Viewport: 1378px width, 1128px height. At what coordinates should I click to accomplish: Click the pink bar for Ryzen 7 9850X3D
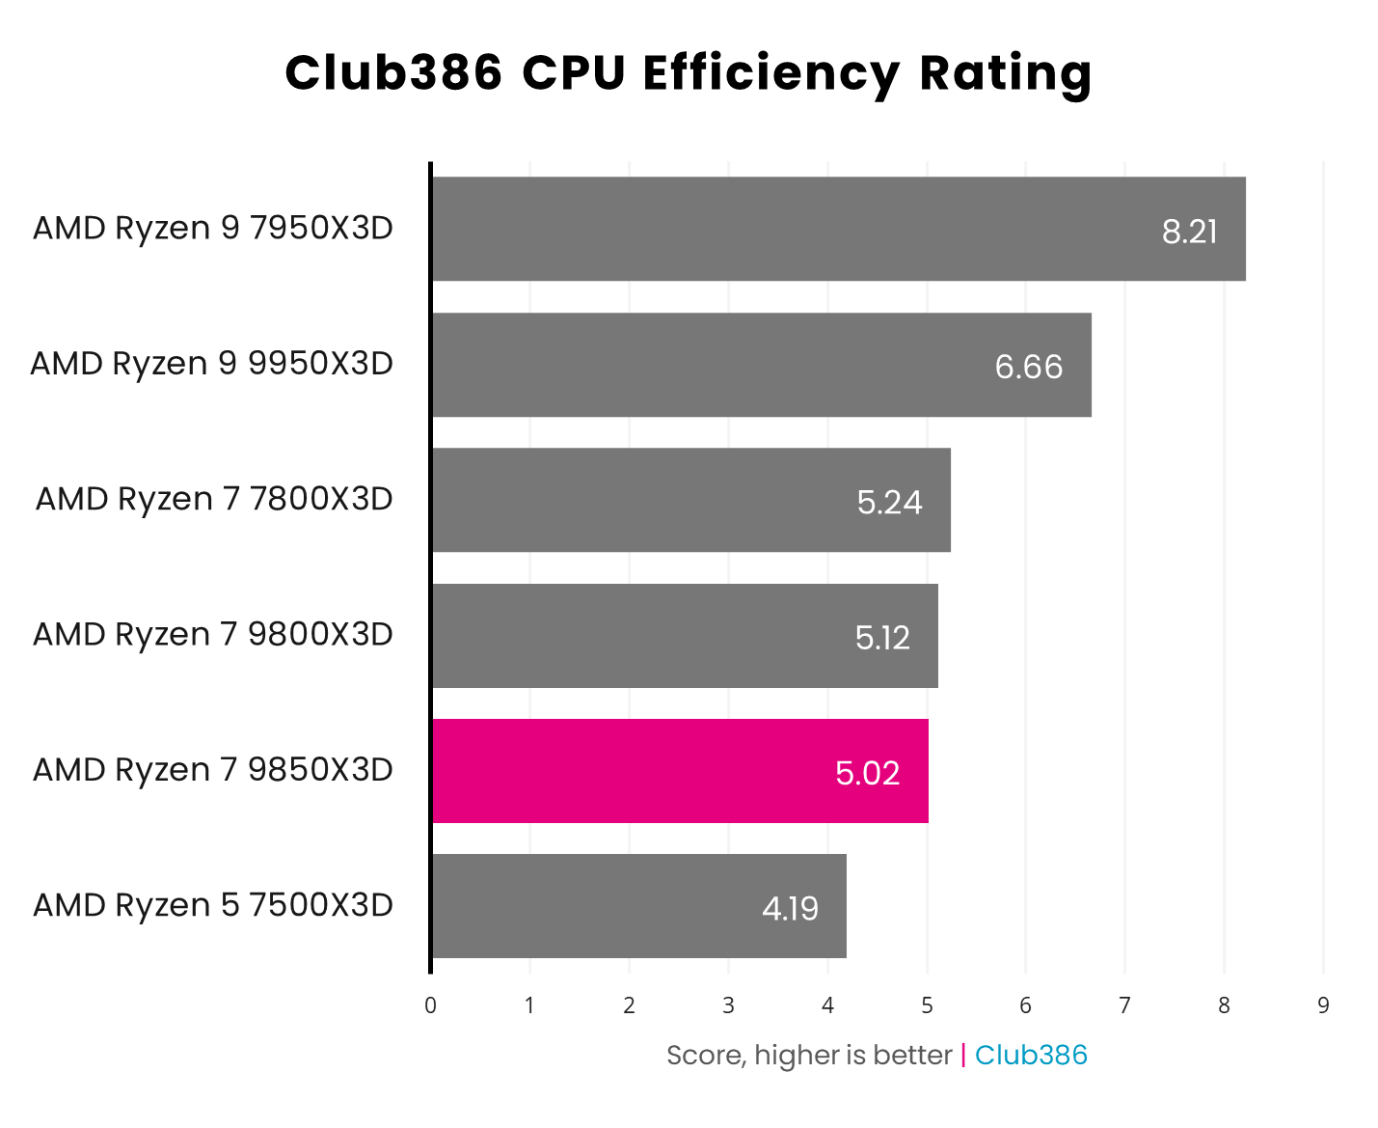680,771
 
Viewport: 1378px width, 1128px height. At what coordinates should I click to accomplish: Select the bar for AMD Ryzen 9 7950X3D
838,229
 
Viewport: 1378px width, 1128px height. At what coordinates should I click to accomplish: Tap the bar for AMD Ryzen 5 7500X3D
638,906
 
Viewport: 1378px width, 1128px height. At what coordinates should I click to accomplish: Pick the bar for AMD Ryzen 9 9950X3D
761,365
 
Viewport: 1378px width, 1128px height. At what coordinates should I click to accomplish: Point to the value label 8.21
1189,232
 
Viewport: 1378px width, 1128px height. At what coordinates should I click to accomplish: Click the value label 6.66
1028,367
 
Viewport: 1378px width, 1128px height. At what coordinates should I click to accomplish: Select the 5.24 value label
889,502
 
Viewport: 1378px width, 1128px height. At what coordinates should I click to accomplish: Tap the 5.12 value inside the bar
882,638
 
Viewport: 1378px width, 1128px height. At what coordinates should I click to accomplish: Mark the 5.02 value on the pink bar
867,773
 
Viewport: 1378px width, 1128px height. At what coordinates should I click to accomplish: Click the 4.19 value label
790,908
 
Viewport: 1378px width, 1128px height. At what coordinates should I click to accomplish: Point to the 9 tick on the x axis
1323,1005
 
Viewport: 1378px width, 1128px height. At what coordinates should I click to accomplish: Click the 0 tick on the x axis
430,1005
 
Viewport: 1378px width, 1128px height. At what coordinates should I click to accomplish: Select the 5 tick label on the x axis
927,1005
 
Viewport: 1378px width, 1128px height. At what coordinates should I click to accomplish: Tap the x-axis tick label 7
1124,1005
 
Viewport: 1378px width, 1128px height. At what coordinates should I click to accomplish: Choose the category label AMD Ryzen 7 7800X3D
214,499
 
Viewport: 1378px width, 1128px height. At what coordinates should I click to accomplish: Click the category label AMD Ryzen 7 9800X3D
213,634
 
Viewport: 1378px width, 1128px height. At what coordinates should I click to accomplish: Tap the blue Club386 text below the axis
1031,1055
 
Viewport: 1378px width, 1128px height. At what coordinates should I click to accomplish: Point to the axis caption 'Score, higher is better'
809,1055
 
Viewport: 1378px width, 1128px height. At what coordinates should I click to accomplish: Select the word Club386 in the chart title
393,73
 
